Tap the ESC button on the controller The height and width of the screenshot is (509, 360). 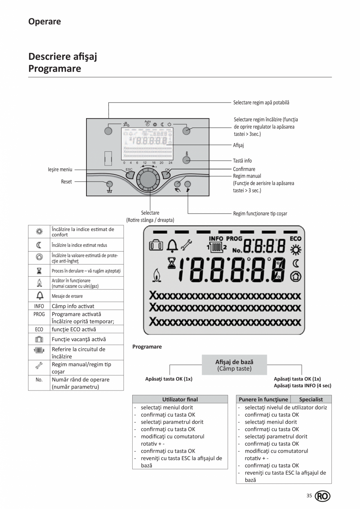pyautogui.click(x=129, y=174)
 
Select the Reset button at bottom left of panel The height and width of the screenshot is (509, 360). pyautogui.click(x=110, y=184)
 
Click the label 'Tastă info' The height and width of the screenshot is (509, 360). pyautogui.click(x=242, y=161)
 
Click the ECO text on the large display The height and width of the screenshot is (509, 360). pyautogui.click(x=295, y=239)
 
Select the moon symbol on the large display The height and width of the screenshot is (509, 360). pyautogui.click(x=295, y=263)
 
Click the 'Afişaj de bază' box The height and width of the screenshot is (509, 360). pyautogui.click(x=234, y=365)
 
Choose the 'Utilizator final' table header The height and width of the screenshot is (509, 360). pyautogui.click(x=180, y=399)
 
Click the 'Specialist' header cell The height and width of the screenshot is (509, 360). pyautogui.click(x=311, y=399)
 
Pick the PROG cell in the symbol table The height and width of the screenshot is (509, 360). pyautogui.click(x=39, y=314)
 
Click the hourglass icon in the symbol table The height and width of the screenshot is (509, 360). pyautogui.click(x=39, y=271)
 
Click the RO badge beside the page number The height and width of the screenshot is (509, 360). pyautogui.click(x=322, y=496)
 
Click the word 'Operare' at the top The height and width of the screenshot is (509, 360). pyautogui.click(x=45, y=22)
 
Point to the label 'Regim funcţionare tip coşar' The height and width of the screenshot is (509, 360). pyautogui.click(x=260, y=214)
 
